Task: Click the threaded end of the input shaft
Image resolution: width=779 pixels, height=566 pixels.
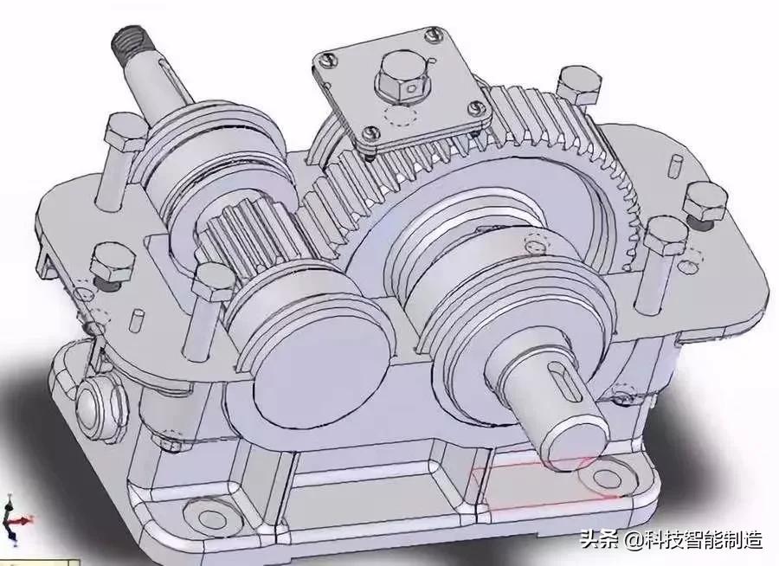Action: coord(128,42)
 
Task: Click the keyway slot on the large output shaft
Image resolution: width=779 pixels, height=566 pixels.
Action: coord(561,379)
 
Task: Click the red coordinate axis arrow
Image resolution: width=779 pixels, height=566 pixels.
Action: coord(21,521)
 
